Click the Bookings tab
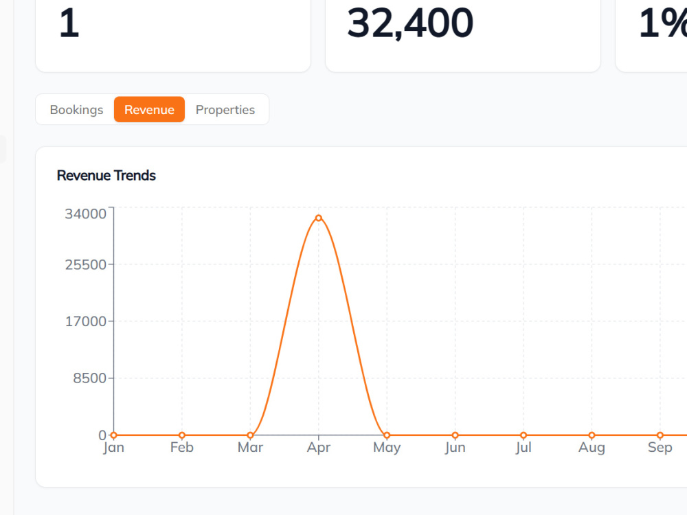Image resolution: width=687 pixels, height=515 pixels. [76, 109]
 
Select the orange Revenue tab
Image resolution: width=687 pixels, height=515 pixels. [149, 109]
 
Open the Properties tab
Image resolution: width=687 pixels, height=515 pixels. [225, 109]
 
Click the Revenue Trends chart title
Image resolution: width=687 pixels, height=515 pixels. [106, 176]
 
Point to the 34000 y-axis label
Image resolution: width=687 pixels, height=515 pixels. [85, 214]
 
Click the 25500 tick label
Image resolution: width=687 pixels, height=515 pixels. [85, 264]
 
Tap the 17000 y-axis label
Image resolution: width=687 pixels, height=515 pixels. [85, 321]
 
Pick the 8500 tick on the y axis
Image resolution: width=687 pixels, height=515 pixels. [89, 378]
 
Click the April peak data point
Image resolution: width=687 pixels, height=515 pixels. [319, 218]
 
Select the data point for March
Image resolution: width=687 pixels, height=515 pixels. [250, 435]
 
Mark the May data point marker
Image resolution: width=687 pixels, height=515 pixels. [387, 435]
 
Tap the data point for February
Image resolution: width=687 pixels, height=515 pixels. [182, 435]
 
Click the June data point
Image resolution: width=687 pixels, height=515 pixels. [455, 435]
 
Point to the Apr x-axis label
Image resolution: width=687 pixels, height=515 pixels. [319, 448]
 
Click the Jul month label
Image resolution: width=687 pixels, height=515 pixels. [523, 448]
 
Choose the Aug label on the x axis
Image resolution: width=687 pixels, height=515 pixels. [592, 448]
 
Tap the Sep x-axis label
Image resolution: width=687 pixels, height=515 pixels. [660, 448]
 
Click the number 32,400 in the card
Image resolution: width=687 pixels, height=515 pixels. [410, 23]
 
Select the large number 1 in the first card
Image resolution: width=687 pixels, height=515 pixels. [69, 23]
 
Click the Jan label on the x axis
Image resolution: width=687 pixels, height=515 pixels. [113, 448]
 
